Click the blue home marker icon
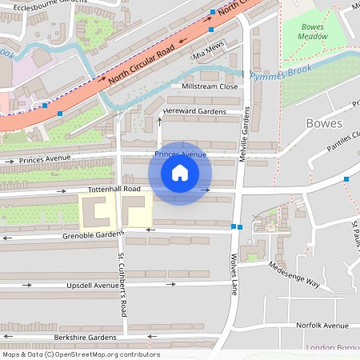[x=180, y=173]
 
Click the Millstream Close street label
[x=210, y=86]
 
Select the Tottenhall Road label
[x=114, y=189]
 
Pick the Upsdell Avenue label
[x=93, y=285]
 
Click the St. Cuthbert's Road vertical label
[x=122, y=285]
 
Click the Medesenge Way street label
[x=294, y=275]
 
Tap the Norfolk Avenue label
[x=322, y=326]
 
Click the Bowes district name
[x=324, y=123]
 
